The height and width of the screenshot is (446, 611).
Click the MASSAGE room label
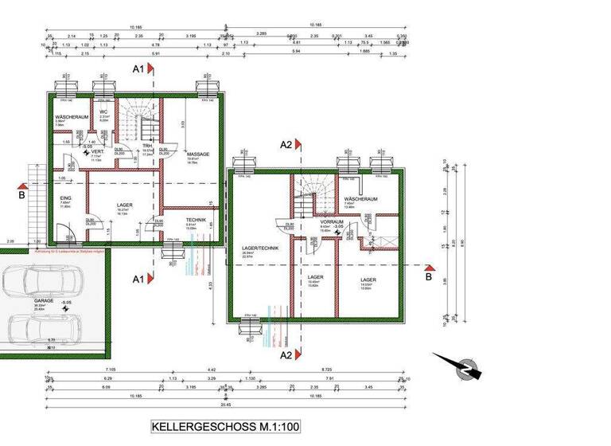[198, 154]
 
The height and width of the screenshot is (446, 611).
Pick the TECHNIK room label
[196, 219]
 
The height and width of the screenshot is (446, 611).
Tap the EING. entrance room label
[65, 198]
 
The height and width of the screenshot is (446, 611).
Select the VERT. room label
[97, 151]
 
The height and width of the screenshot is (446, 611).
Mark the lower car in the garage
[41, 328]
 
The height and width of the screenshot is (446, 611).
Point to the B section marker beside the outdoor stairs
[21, 192]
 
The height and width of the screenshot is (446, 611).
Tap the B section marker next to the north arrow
[429, 277]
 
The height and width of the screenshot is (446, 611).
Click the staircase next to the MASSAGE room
[139, 119]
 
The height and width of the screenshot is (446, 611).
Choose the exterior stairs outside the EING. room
[34, 199]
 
